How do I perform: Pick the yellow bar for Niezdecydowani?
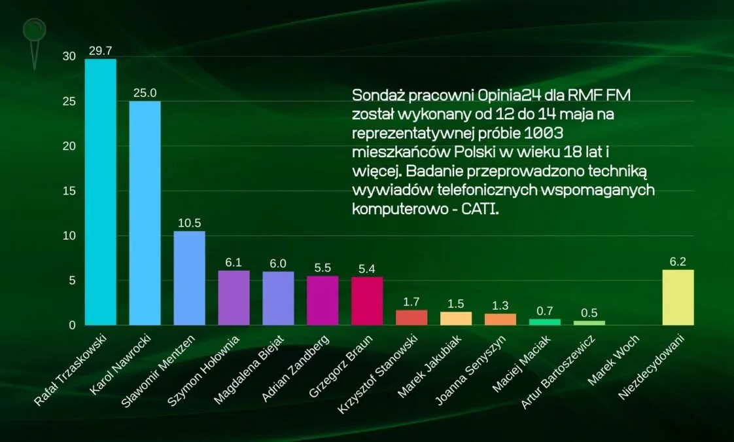tap(678, 297)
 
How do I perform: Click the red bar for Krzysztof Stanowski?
tap(411, 318)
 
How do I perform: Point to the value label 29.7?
tap(100, 51)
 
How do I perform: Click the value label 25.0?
tap(145, 93)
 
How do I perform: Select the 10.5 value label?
tap(189, 223)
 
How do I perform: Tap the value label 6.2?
tap(678, 262)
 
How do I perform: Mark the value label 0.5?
tap(589, 313)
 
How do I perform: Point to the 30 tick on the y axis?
tap(69, 57)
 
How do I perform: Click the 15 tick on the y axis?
tap(69, 191)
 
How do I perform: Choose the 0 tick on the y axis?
tap(73, 325)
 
